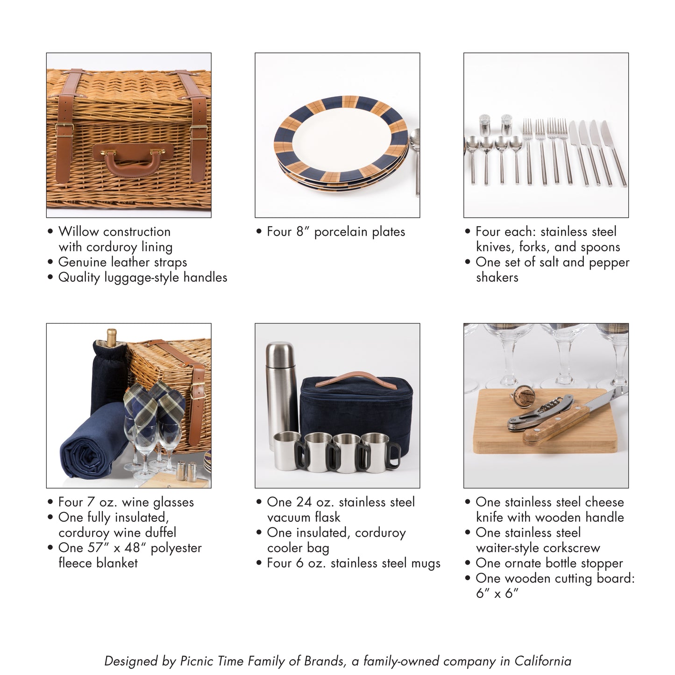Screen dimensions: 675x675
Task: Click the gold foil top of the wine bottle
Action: click(111, 337)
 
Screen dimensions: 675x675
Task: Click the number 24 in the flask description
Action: click(304, 502)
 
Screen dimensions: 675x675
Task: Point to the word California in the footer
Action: click(542, 661)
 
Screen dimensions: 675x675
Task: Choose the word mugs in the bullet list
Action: click(426, 563)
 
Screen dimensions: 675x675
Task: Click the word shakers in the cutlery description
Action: click(497, 277)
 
